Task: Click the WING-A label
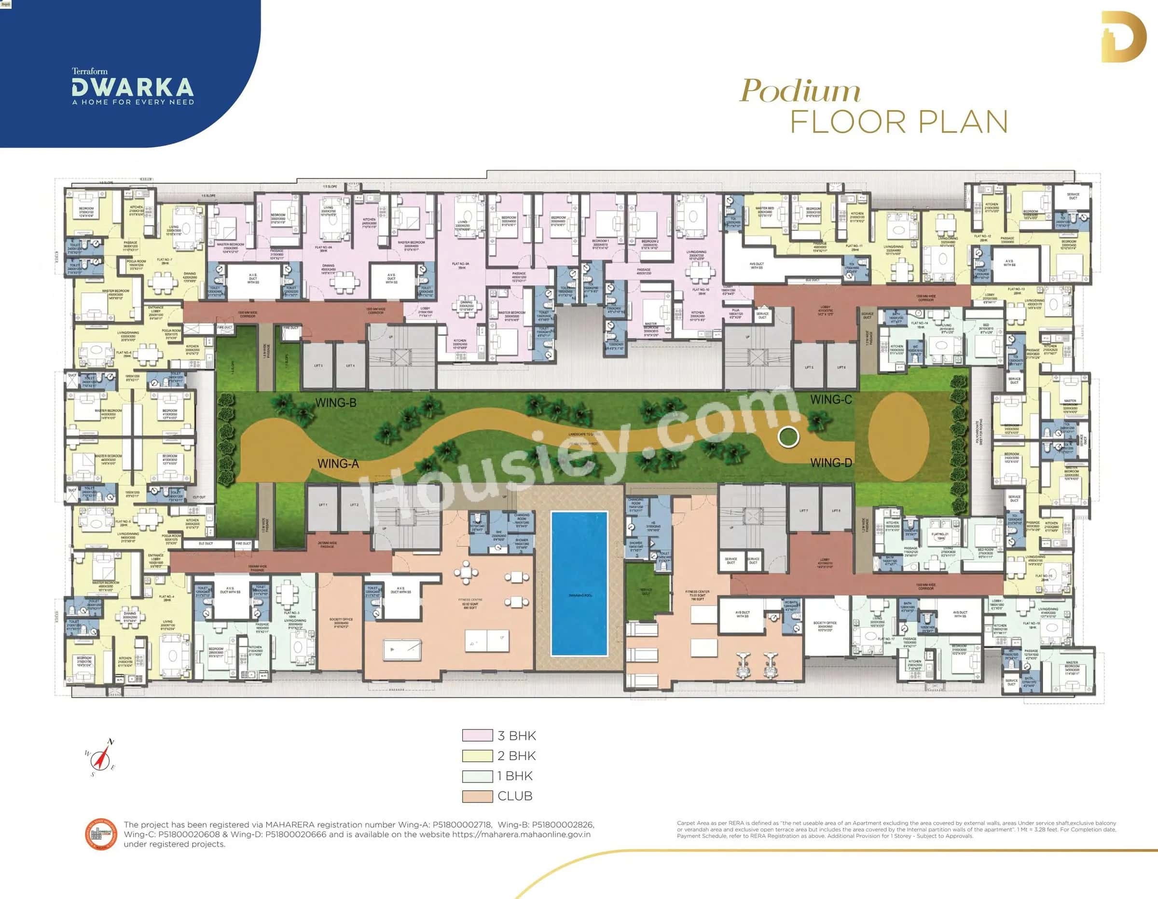(338, 464)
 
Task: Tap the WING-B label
(335, 403)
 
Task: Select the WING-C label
(831, 400)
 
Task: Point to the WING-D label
(831, 463)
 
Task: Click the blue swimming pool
(579, 583)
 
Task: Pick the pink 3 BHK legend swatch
(477, 736)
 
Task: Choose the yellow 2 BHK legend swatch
(477, 756)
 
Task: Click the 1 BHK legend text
(515, 776)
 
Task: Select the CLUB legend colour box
(477, 796)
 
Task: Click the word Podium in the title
(800, 91)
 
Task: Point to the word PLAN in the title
(963, 123)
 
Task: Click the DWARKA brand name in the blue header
(133, 87)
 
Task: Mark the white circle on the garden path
(788, 437)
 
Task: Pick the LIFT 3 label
(318, 366)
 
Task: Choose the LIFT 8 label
(836, 510)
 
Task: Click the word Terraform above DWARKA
(90, 71)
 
